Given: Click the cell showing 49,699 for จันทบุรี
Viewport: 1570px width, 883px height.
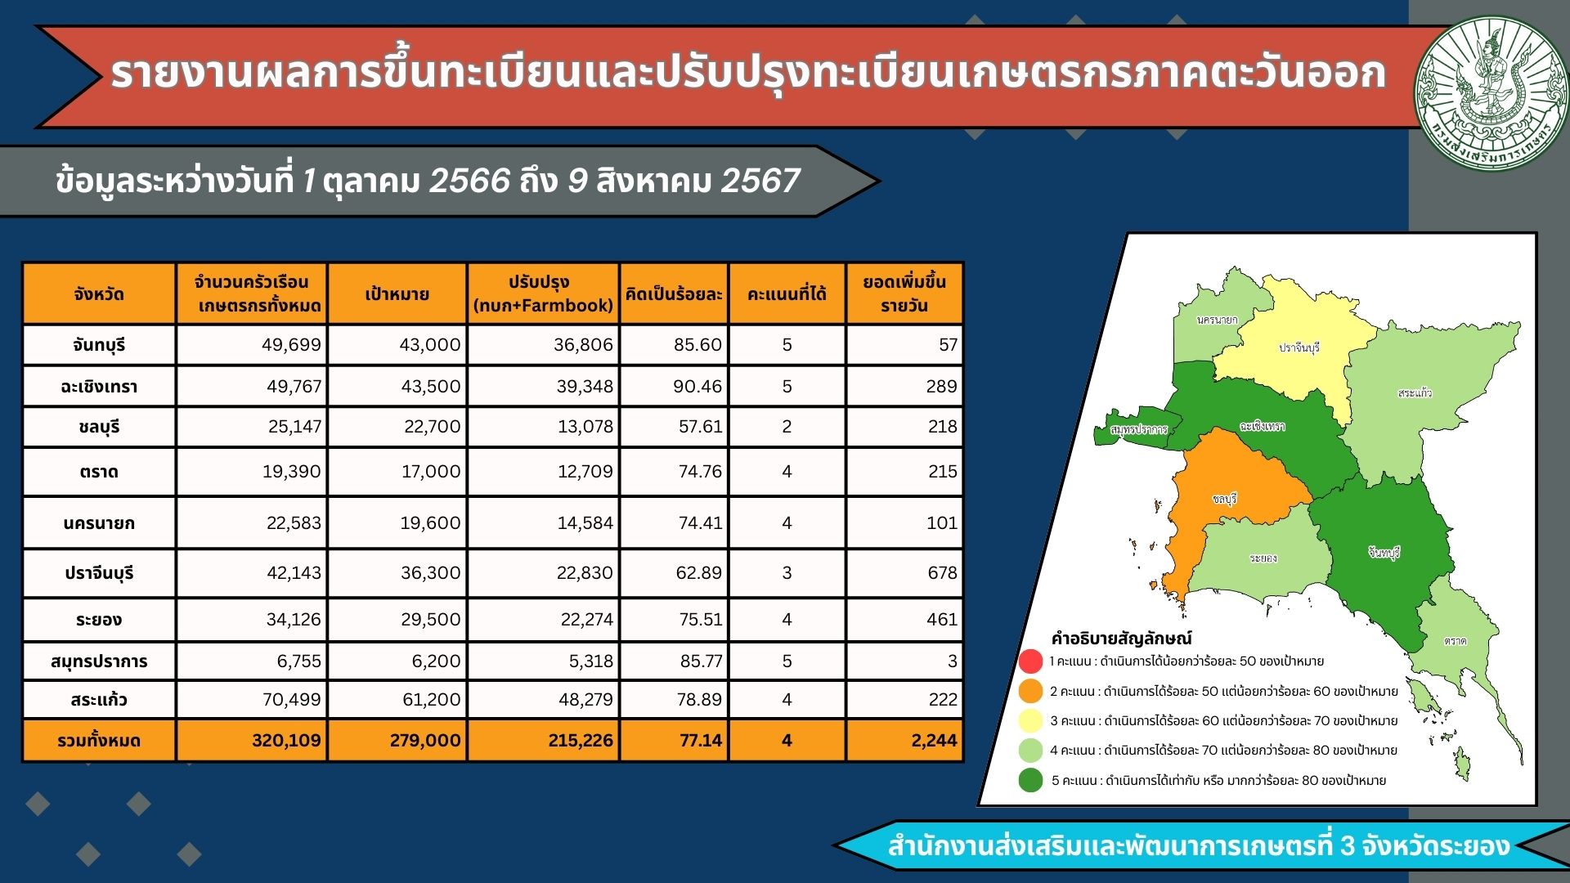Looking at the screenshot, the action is (x=291, y=345).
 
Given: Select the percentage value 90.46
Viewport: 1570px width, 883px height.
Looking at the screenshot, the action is (x=698, y=386).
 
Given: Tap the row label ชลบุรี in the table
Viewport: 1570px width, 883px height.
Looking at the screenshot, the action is (x=99, y=427).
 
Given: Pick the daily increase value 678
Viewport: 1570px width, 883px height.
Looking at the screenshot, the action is (x=942, y=573).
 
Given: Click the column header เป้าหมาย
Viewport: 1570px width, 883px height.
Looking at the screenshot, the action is (x=397, y=294).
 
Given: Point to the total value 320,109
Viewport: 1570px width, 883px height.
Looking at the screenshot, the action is (x=286, y=741).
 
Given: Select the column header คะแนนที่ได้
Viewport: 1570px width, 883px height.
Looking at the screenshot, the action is (x=787, y=294).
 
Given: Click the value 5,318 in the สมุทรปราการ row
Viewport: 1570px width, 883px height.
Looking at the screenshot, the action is (x=590, y=661).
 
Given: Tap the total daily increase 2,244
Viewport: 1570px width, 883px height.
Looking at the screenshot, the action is (x=934, y=741).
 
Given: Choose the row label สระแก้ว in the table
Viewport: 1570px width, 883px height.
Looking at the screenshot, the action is (x=99, y=700).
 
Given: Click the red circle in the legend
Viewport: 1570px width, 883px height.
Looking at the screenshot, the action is (x=1031, y=661).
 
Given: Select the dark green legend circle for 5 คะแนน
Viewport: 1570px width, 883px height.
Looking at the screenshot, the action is (x=1031, y=780).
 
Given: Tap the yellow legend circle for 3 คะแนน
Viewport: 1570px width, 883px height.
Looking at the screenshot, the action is (x=1031, y=720).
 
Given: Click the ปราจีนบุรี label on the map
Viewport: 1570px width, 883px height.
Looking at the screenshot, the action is (x=1299, y=347).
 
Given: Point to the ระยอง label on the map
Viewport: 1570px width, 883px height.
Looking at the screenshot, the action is (x=1263, y=558).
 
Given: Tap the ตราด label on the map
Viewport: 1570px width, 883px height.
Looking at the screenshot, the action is (x=1456, y=641).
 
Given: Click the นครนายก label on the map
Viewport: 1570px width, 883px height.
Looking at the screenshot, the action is (x=1217, y=320).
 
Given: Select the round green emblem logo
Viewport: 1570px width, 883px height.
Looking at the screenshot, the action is (x=1491, y=94).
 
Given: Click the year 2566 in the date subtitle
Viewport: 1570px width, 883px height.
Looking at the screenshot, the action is (x=469, y=181).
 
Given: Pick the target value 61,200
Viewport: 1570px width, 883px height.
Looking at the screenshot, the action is (x=431, y=700).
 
